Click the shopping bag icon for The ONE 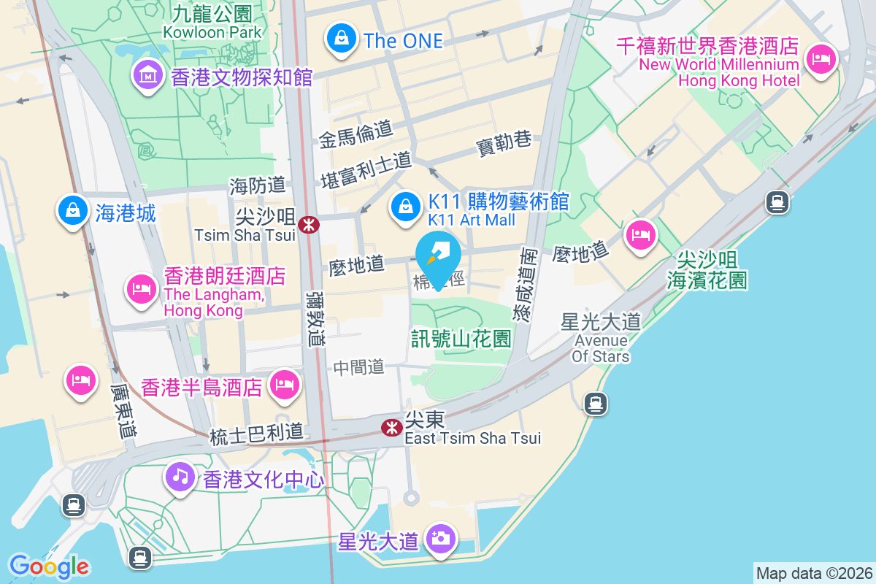341,38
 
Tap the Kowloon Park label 212,32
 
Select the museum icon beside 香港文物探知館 148,74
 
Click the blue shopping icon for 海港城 72,212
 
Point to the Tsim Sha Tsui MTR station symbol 309,224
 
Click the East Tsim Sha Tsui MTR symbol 392,427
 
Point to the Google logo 50,566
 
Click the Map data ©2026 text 813,573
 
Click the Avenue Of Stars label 602,348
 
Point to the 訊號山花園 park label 461,338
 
